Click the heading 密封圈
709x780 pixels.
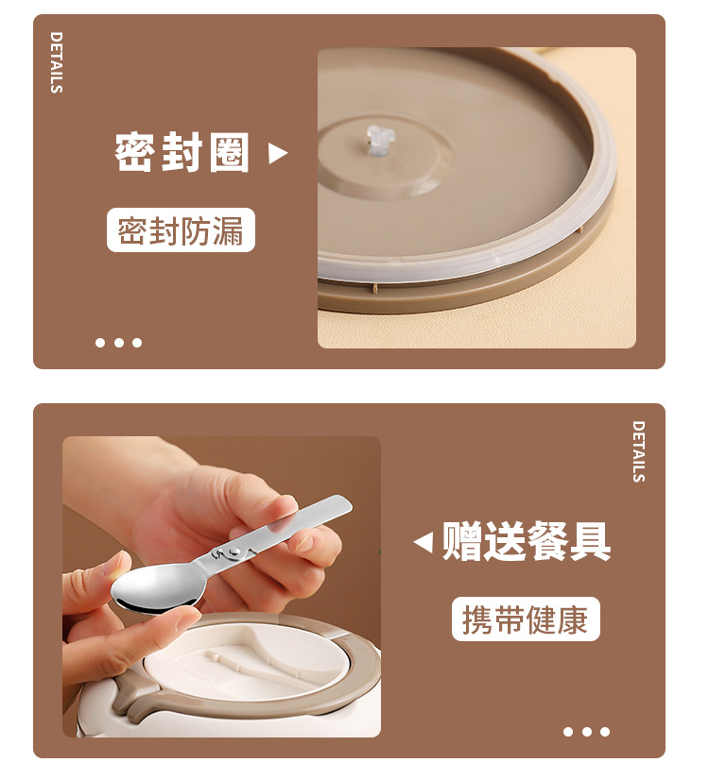(x=182, y=153)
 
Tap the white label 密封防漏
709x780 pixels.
(x=181, y=230)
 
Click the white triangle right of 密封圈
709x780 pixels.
(x=277, y=153)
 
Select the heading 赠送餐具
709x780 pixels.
(x=527, y=542)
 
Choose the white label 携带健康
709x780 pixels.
(x=525, y=619)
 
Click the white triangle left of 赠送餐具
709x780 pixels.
(x=424, y=542)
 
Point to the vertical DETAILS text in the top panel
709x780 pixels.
(x=57, y=62)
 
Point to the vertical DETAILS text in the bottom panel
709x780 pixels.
(x=638, y=451)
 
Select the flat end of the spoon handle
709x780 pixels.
(x=331, y=508)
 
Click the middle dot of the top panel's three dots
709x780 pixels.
(x=119, y=343)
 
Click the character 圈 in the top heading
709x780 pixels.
(x=229, y=153)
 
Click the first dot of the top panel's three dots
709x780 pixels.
(x=101, y=343)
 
